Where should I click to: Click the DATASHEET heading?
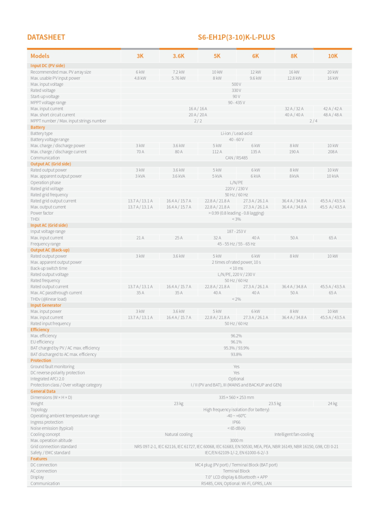click(46, 37)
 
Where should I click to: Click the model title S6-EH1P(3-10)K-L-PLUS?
click(236, 37)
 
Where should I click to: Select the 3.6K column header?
click(178, 56)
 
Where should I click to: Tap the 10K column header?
click(332, 56)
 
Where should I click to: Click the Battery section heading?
click(38, 127)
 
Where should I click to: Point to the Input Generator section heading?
click(46, 305)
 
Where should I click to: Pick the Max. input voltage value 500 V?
click(236, 84)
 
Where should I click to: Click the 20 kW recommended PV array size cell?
click(332, 72)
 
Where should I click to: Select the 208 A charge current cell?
click(332, 152)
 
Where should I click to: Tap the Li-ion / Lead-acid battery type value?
click(236, 133)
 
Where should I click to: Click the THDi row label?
click(35, 219)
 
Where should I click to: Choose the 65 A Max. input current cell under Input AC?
click(332, 238)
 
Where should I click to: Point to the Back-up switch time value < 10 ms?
click(236, 268)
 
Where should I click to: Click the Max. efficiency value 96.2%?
click(236, 336)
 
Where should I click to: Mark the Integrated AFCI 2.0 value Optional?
click(236, 379)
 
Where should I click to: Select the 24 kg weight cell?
click(332, 403)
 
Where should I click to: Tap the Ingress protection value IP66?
click(236, 422)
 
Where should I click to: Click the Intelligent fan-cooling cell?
click(294, 434)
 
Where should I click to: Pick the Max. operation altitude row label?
click(51, 440)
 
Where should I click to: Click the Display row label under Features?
click(37, 477)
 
